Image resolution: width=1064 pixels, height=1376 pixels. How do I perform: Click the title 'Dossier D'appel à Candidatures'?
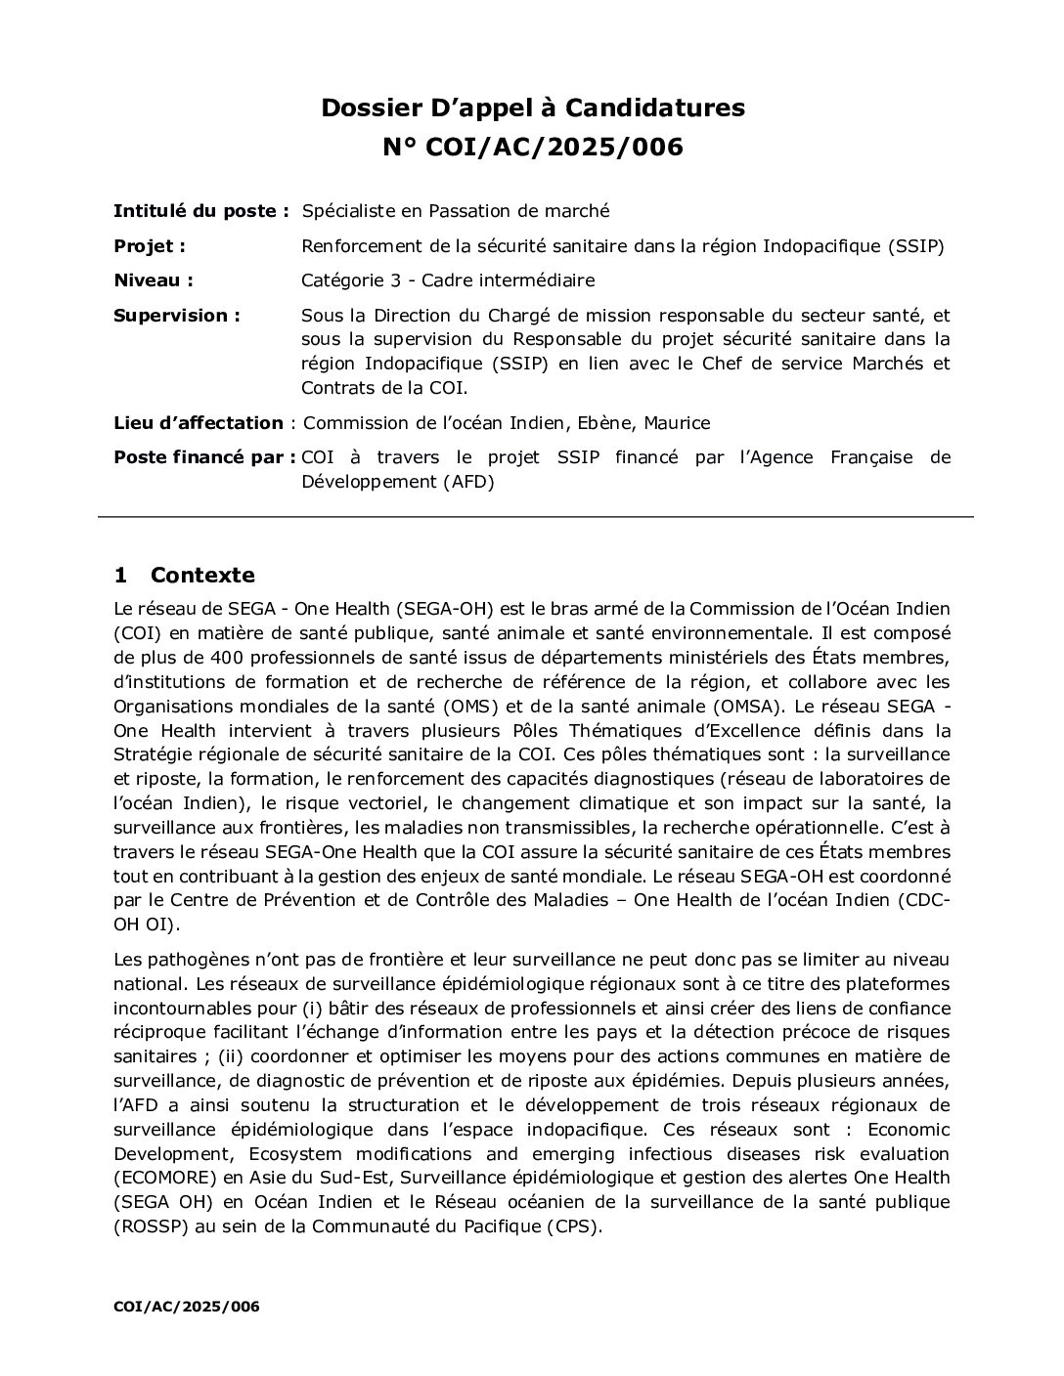(533, 107)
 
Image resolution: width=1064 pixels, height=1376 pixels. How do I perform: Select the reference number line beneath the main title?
(533, 148)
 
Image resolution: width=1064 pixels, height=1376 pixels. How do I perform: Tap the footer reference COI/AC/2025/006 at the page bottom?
(187, 1306)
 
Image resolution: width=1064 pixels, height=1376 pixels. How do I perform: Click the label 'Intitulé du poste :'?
(201, 210)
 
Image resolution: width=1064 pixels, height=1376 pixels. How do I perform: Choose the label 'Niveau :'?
(154, 280)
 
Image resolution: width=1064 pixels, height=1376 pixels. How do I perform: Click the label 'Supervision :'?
(177, 316)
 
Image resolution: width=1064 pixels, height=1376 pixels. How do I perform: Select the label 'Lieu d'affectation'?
(199, 423)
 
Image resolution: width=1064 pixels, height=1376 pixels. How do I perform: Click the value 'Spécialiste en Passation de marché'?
(456, 210)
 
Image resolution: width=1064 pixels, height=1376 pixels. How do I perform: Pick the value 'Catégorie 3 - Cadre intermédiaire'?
(448, 280)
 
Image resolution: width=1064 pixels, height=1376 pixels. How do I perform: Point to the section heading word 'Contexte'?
(202, 575)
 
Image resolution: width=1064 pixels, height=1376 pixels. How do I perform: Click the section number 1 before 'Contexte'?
(120, 575)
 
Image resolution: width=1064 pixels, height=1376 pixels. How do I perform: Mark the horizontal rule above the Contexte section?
(536, 515)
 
